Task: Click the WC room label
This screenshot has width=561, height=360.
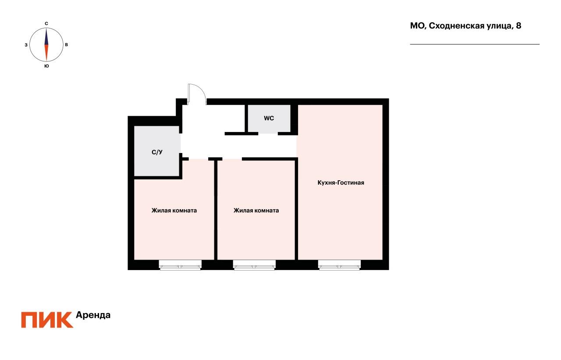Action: coord(269,118)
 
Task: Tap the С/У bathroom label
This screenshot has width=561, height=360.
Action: coord(157,153)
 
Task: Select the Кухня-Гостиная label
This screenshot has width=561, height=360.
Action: coord(341,183)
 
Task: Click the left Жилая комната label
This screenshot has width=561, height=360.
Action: coord(174,210)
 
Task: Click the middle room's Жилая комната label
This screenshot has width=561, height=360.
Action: coord(256,210)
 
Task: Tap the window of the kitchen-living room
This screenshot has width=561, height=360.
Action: coord(340,265)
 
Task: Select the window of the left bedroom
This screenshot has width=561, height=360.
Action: coord(180,265)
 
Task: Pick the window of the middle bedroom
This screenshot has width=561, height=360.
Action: coord(255,265)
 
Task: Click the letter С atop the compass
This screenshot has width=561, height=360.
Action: coord(46,23)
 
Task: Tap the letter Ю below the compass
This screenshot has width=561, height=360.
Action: coord(46,66)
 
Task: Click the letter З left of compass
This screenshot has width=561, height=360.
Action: coord(26,45)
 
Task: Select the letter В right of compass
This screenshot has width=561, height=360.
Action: coord(66,45)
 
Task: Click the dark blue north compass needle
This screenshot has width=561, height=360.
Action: coord(46,37)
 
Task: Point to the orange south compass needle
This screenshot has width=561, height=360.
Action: coord(46,53)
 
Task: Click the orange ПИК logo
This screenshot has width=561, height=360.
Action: coord(47,320)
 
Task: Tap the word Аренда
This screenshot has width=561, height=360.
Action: coord(93,315)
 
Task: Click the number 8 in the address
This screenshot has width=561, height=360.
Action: coord(518,26)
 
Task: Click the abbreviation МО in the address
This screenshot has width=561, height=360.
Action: coord(417,26)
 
